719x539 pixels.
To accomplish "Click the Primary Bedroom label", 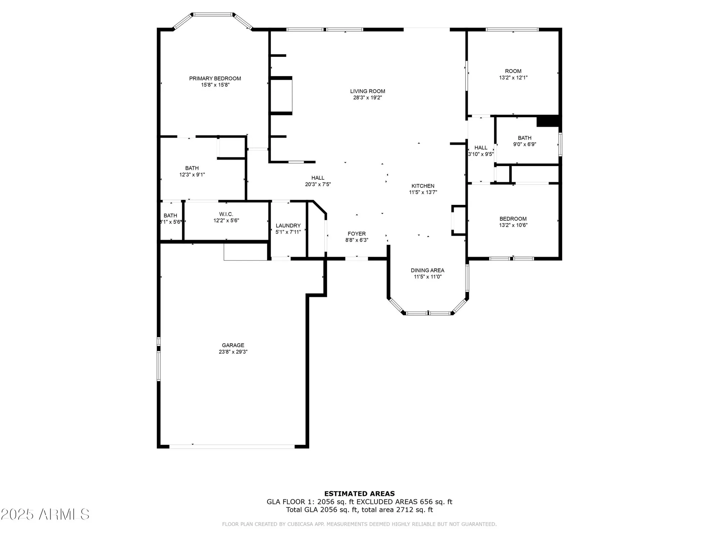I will pyautogui.click(x=215, y=78).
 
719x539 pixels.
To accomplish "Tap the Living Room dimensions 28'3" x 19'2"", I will pyautogui.click(x=367, y=97).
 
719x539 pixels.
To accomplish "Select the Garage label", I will pyautogui.click(x=233, y=345).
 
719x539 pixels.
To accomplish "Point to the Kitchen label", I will pyautogui.click(x=423, y=186).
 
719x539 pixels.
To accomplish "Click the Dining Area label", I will pyautogui.click(x=427, y=270).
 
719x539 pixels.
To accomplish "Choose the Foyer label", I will pyautogui.click(x=357, y=234).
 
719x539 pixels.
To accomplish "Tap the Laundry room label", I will pyautogui.click(x=288, y=226).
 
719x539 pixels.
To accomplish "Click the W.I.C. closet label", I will pyautogui.click(x=226, y=214).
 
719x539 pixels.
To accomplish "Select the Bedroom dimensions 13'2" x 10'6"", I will pyautogui.click(x=513, y=225).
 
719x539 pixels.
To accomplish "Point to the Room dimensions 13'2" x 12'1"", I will pyautogui.click(x=513, y=78).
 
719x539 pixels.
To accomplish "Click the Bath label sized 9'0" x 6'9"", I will pyautogui.click(x=525, y=138).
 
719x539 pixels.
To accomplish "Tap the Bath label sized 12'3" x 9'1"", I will pyautogui.click(x=192, y=168).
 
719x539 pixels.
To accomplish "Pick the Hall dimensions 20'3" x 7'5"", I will pyautogui.click(x=318, y=184).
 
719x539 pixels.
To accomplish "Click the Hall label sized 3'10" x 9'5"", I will pyautogui.click(x=481, y=148).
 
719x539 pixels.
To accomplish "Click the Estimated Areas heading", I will pyautogui.click(x=359, y=494).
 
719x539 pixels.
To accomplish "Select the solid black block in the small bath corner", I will pyautogui.click(x=548, y=121).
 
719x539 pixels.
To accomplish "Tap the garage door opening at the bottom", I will pyautogui.click(x=232, y=447).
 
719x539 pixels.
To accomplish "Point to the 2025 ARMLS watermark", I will pyautogui.click(x=45, y=515).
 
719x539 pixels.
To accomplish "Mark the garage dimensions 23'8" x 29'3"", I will pyautogui.click(x=233, y=352).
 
